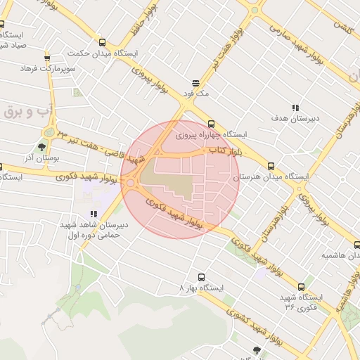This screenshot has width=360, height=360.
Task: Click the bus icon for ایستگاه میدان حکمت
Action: click(103, 42)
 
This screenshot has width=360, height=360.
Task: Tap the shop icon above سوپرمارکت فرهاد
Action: click(47, 58)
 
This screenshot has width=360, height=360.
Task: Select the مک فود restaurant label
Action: click(197, 93)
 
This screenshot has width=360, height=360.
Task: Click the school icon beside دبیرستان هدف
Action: click(295, 108)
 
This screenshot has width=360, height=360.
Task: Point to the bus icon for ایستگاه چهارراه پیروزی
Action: click(211, 124)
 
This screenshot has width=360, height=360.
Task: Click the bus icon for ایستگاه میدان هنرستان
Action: click(271, 167)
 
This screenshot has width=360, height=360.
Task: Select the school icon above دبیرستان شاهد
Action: click(94, 214)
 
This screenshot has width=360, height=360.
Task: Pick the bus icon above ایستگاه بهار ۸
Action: click(202, 277)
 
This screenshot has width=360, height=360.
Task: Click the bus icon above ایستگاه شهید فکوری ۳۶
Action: click(302, 287)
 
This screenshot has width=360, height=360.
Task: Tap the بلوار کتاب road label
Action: click(226, 150)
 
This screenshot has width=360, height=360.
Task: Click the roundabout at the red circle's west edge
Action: click(131, 183)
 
